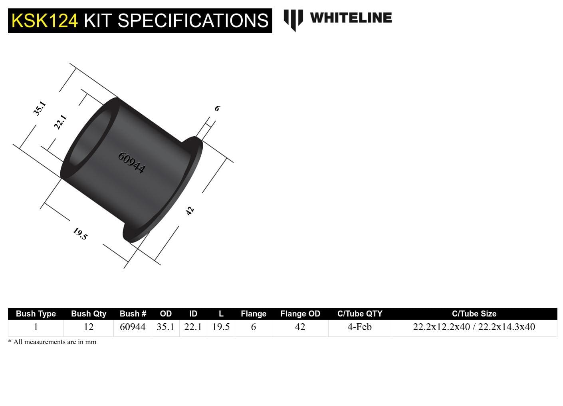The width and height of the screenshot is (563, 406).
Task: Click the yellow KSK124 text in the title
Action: tap(45, 21)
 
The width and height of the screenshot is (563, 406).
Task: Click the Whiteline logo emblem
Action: tap(293, 19)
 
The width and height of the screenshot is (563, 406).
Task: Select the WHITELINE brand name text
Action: tap(351, 18)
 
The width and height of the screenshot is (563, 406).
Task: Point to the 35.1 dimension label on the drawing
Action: tap(40, 108)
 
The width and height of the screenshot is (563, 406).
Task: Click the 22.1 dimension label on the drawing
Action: tap(60, 122)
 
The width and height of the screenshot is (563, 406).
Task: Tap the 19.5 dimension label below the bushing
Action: tap(80, 234)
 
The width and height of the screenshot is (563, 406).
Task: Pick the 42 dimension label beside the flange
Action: tap(190, 211)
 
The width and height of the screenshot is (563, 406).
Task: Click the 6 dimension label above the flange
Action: tap(217, 108)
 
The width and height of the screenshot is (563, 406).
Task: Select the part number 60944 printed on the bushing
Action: tap(131, 162)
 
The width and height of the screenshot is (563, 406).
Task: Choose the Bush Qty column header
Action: tap(89, 314)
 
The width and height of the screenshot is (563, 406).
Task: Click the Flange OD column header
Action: tap(300, 314)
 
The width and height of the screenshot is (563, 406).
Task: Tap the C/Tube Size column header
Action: tap(474, 314)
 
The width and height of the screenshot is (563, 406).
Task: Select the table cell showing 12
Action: tap(89, 327)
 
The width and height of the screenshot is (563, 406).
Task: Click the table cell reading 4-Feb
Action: tap(359, 327)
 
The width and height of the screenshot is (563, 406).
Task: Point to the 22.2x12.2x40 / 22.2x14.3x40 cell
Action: tap(474, 327)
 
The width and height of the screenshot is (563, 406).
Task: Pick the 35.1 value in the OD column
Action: tap(165, 327)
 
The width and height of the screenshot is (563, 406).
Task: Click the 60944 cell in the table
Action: tap(133, 327)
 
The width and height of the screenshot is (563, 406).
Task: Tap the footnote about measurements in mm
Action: tap(52, 342)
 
